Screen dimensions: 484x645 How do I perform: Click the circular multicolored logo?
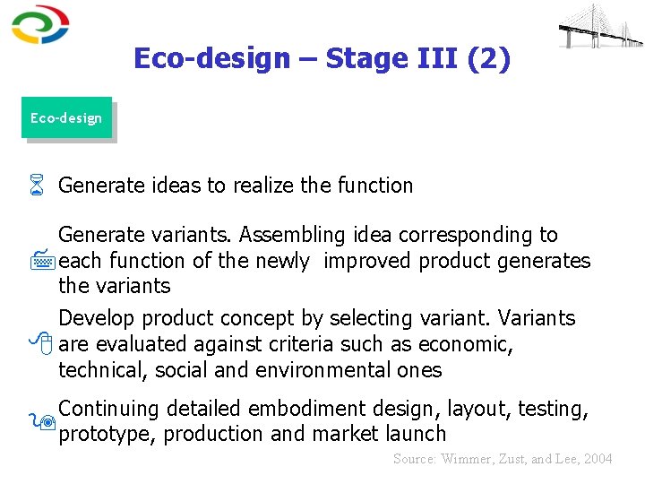point(40,25)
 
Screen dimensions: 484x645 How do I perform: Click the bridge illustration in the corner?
point(600,26)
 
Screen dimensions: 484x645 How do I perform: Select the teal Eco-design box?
point(66,117)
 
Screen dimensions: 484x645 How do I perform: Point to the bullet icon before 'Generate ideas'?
point(37,186)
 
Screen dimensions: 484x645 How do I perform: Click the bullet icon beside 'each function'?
point(37,262)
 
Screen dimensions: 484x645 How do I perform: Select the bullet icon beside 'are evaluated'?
point(37,344)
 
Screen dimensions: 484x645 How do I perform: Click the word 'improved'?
point(368,261)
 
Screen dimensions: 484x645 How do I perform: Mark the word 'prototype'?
point(99,435)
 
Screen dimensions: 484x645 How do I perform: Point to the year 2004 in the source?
point(597,459)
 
